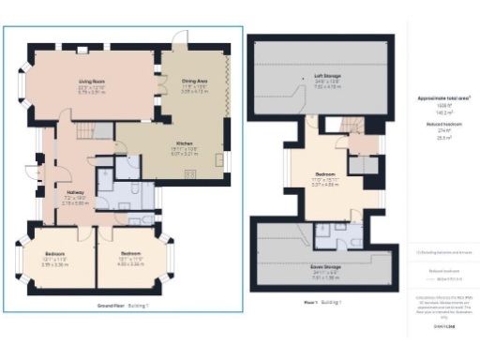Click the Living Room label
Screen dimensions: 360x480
click(91, 85)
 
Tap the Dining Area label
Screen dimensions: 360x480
click(195, 85)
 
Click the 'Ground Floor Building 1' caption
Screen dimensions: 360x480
click(124, 307)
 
